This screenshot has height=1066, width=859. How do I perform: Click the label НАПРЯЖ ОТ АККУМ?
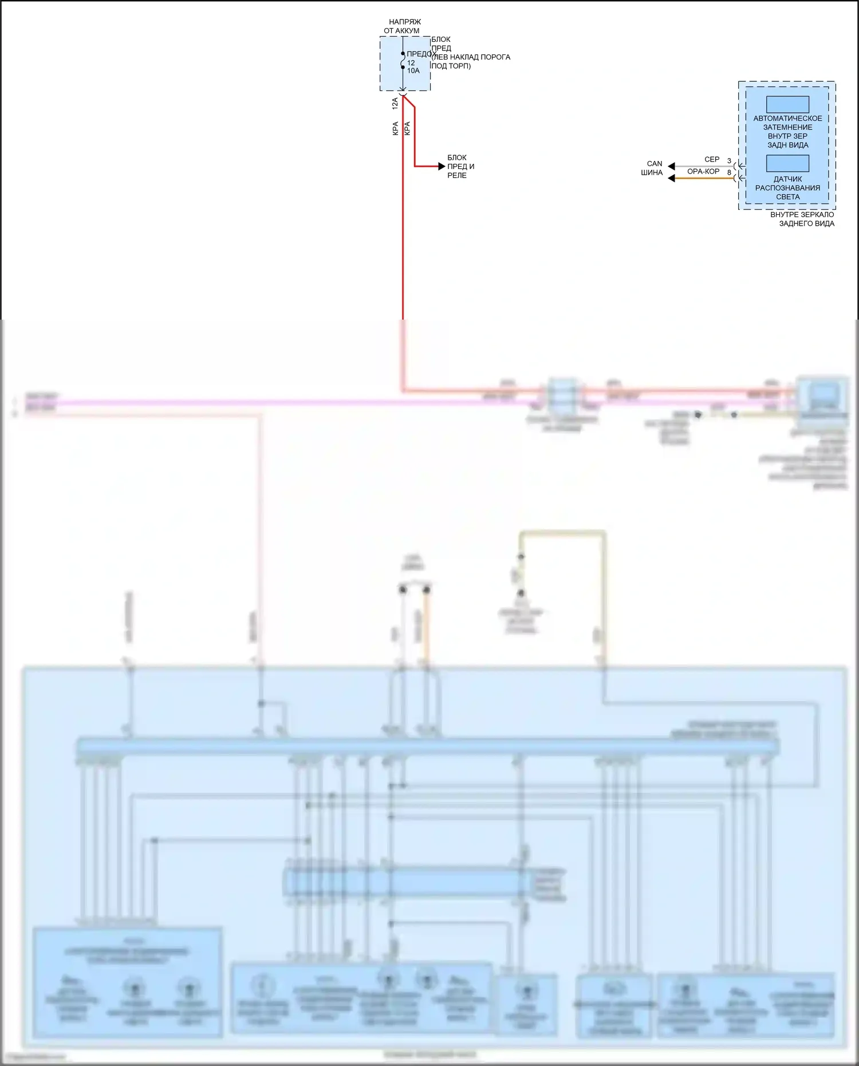402,26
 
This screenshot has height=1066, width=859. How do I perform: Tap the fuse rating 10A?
413,71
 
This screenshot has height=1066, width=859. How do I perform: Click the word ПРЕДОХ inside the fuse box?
421,54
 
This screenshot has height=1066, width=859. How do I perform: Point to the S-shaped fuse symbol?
403,61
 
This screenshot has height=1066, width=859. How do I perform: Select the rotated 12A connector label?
395,104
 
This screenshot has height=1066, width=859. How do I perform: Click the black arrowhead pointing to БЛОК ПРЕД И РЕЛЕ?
441,167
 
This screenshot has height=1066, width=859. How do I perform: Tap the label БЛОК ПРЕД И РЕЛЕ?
460,167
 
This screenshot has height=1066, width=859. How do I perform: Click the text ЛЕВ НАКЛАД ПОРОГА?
471,57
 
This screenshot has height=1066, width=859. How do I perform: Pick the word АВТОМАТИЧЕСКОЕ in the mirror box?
787,119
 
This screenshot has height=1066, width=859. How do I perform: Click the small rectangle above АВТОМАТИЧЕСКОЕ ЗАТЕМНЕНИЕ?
787,104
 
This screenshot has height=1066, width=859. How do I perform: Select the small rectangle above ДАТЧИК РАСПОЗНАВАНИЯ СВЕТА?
787,163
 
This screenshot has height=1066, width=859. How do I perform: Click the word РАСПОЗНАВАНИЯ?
787,188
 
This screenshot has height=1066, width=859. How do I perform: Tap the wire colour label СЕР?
712,160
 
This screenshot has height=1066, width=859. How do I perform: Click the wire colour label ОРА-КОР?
703,171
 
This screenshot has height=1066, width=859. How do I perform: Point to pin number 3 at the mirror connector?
729,161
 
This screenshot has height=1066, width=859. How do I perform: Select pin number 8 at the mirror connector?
729,172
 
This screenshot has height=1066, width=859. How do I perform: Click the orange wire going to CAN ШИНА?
704,179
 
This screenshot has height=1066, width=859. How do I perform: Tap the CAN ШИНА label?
652,168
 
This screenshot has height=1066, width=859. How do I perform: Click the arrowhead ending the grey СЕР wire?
671,167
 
